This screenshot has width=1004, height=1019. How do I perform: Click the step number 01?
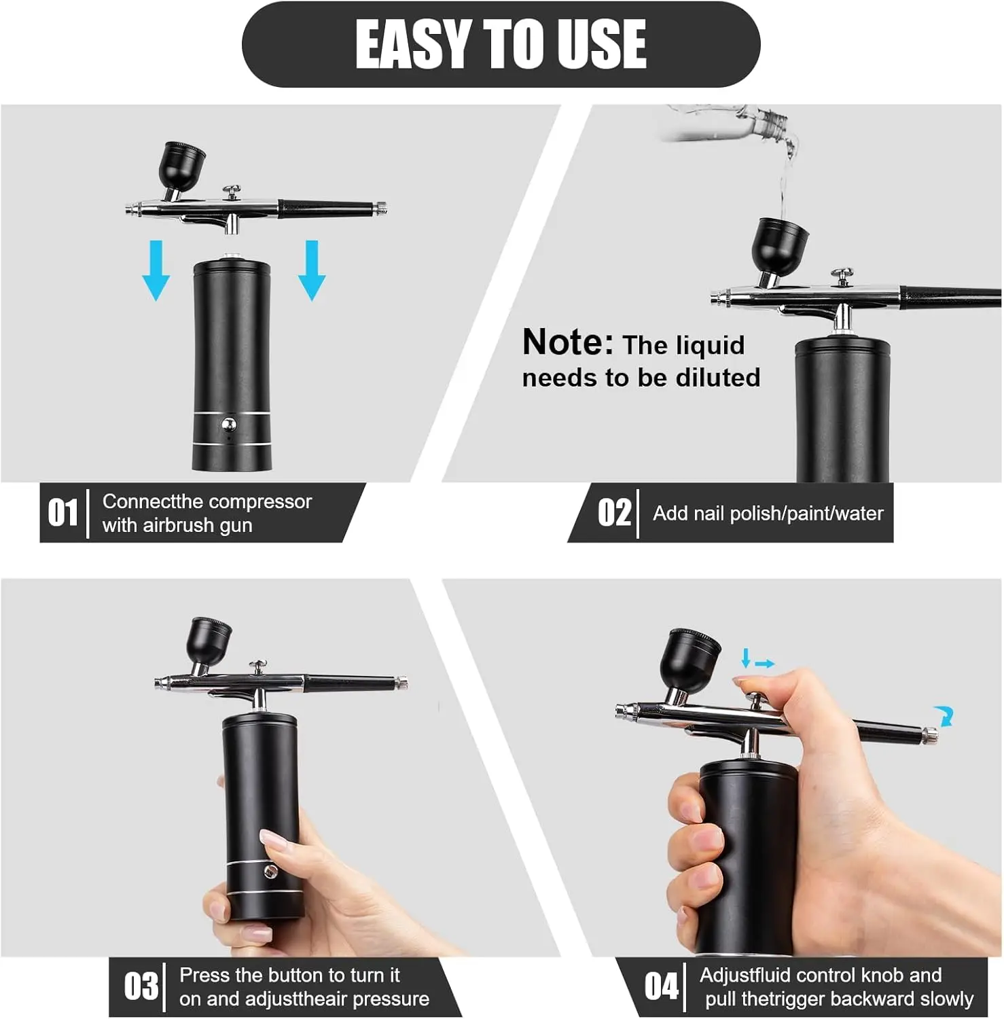pos(63,512)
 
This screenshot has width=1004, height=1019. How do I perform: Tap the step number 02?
pos(615,512)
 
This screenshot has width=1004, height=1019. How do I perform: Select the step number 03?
pos(141,986)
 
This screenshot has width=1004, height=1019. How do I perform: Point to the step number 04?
pos(662,986)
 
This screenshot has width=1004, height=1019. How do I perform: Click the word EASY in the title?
pos(414,44)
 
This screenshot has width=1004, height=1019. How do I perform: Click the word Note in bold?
pos(568,342)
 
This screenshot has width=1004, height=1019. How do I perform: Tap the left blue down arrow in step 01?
pos(156,270)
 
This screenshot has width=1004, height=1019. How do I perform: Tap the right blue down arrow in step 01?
pos(312,270)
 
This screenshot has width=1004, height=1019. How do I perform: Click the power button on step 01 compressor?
pos(229,425)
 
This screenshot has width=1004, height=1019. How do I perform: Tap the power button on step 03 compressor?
pos(270,872)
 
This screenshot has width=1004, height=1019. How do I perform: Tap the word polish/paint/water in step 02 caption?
pos(806,514)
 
